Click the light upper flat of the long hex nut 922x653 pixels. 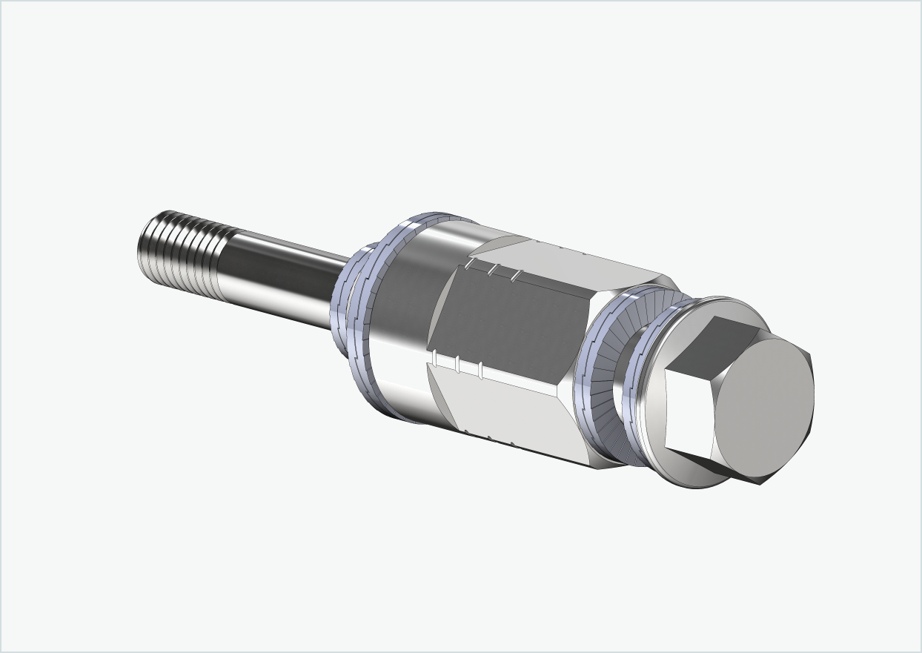563,259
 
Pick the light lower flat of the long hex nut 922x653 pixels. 519,408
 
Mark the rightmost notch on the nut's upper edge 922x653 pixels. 516,276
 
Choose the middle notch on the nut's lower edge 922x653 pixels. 459,364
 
